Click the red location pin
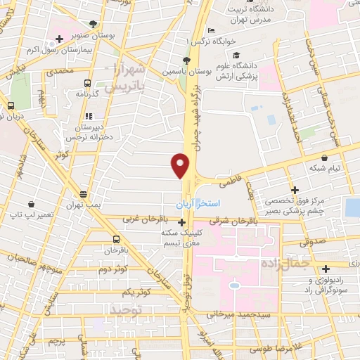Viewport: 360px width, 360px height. pyautogui.click(x=181, y=165)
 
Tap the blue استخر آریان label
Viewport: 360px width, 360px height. pyautogui.click(x=198, y=203)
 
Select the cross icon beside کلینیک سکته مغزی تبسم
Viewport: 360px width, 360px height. pyautogui.click(x=182, y=222)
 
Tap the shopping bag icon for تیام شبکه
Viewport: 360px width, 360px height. pyautogui.click(x=324, y=157)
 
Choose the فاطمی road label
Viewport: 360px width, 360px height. pyautogui.click(x=229, y=181)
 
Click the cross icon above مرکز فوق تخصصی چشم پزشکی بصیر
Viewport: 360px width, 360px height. pyautogui.click(x=295, y=190)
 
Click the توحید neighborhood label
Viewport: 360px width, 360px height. pyautogui.click(x=127, y=309)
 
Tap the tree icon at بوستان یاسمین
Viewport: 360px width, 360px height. pyautogui.click(x=186, y=60)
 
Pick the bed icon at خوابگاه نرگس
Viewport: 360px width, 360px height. pyautogui.click(x=210, y=31)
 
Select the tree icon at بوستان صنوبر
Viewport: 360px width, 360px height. pyautogui.click(x=94, y=23)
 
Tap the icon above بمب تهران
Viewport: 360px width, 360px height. pyautogui.click(x=84, y=193)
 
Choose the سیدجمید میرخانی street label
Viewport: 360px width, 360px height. pyautogui.click(x=243, y=312)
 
